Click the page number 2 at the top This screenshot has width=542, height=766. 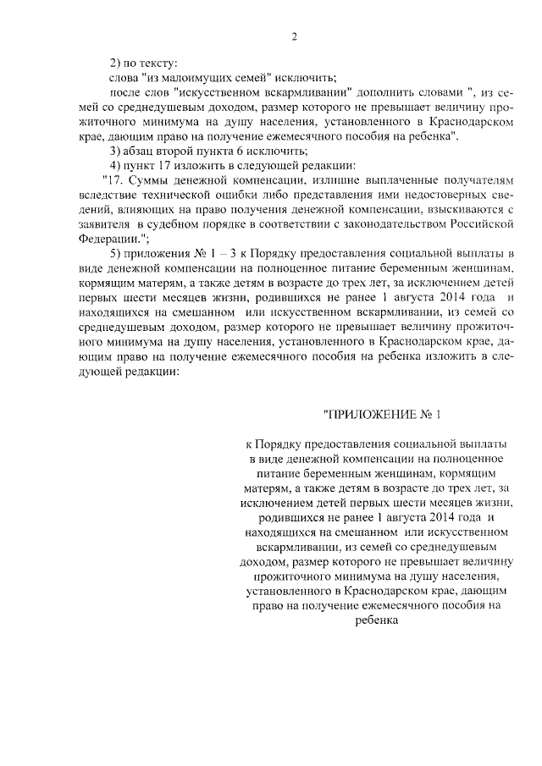(x=295, y=36)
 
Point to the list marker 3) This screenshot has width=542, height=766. (x=119, y=150)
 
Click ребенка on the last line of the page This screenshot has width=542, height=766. (x=376, y=620)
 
